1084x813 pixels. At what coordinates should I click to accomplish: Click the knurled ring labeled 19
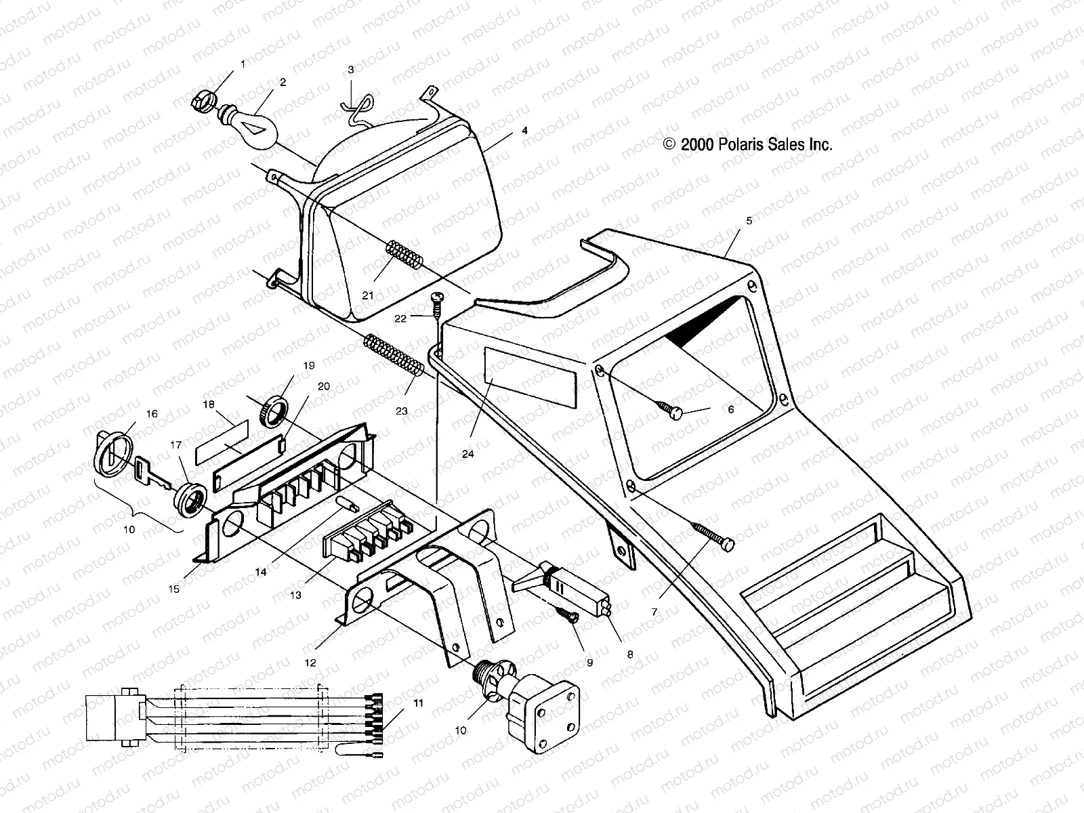[x=278, y=411]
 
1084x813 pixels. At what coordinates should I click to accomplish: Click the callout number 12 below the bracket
[x=310, y=663]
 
